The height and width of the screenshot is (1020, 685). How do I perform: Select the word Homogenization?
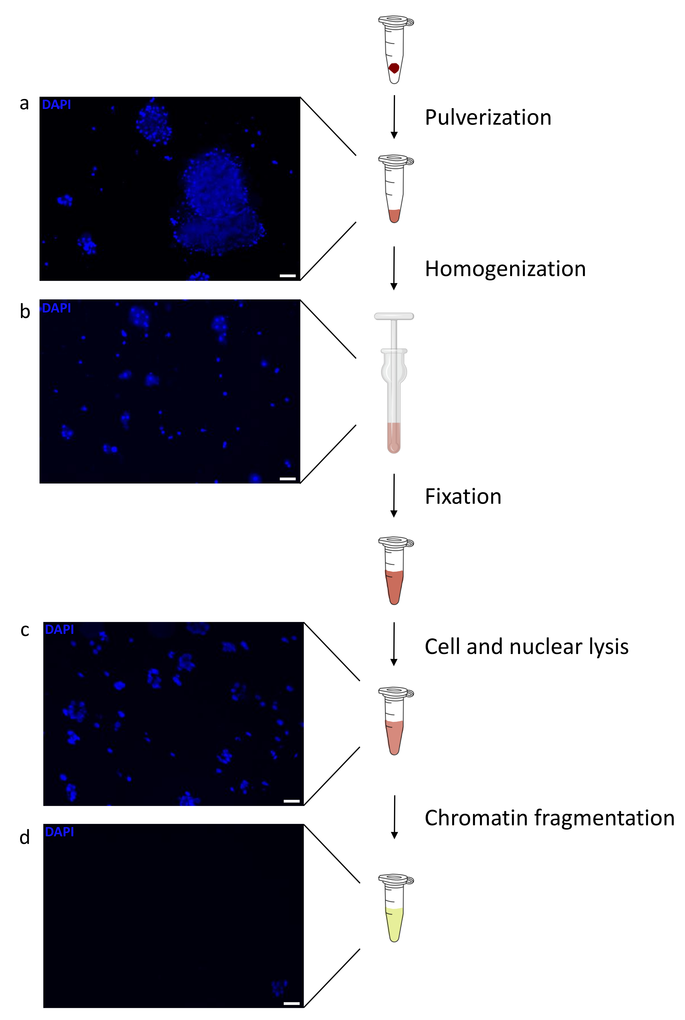[505, 269]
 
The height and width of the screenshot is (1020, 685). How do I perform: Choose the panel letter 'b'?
[25, 312]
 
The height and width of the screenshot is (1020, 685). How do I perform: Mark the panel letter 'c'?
[25, 630]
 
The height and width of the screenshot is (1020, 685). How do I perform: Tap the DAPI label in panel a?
[56, 105]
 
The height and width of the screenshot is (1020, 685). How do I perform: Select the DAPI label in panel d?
[60, 832]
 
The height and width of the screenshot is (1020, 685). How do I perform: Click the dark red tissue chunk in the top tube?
[394, 68]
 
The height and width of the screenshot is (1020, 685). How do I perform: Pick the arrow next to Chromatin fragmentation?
[395, 817]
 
